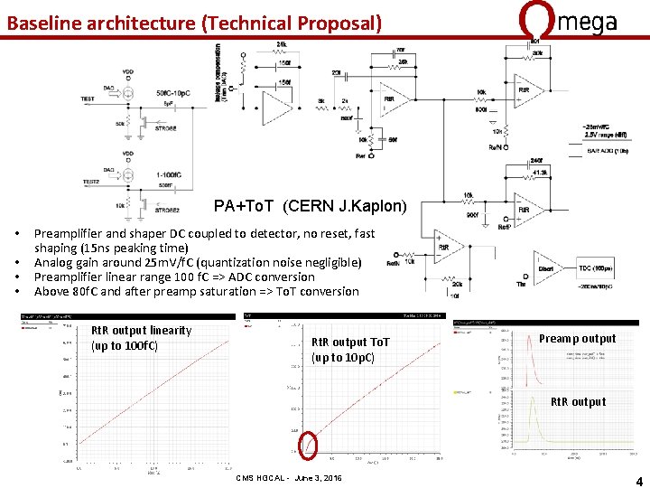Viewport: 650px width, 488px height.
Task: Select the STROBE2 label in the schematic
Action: click(166, 211)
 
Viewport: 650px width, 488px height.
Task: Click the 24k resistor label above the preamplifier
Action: click(283, 44)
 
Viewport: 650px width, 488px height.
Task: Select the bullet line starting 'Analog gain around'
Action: click(197, 262)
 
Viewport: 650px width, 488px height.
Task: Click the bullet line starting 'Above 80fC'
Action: click(196, 291)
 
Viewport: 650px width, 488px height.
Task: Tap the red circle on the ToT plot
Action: click(309, 446)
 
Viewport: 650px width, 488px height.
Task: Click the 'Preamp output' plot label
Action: click(577, 339)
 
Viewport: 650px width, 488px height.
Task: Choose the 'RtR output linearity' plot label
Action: click(142, 338)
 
